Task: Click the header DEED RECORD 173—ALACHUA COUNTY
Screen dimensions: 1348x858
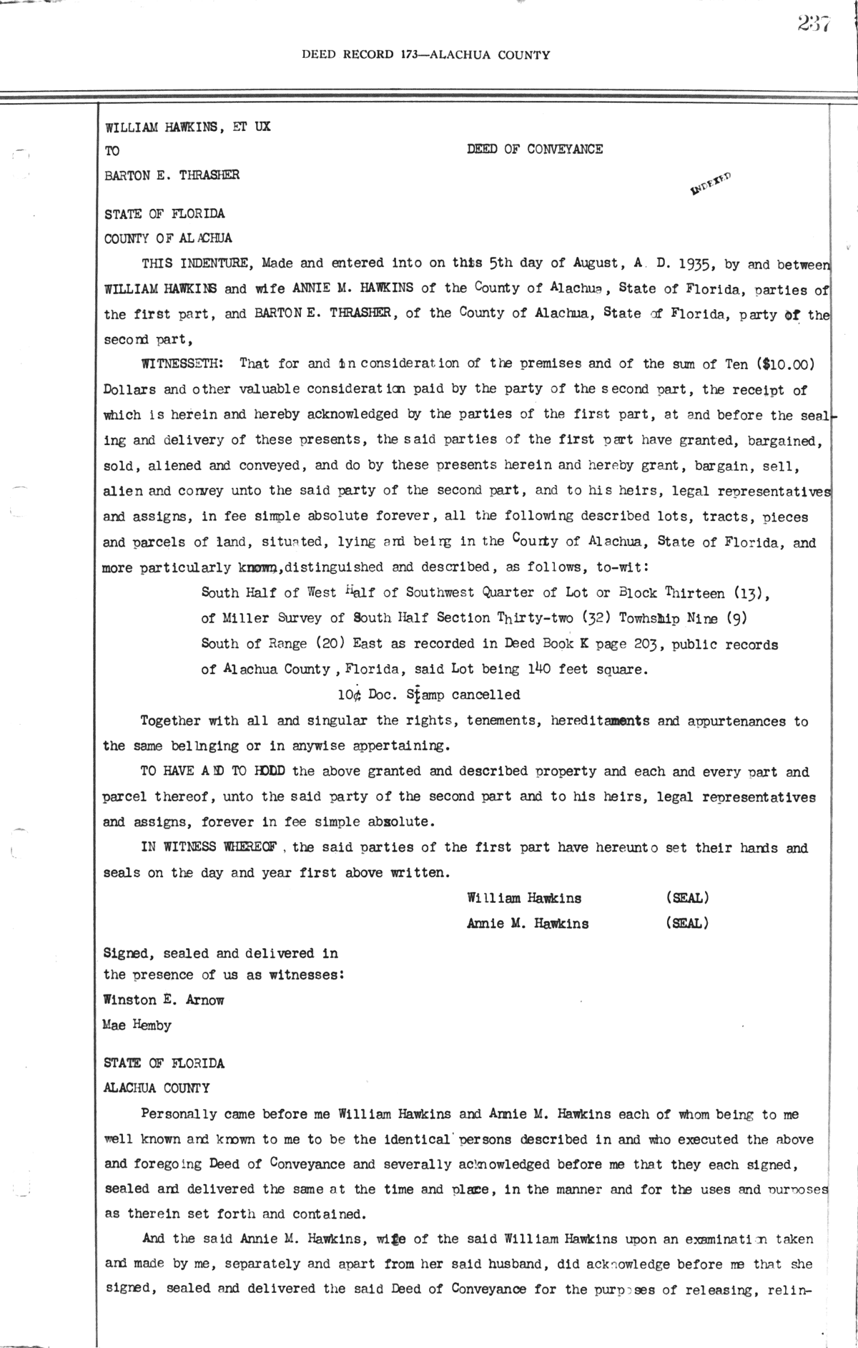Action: coord(425,54)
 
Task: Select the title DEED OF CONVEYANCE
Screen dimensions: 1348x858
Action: coord(534,150)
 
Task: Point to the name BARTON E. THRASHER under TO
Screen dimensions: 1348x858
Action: coord(172,175)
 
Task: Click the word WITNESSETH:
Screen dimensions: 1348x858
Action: coord(183,363)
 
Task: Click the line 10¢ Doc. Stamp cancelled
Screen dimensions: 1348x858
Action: coord(429,695)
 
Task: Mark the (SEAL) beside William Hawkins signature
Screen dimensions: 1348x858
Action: coord(686,898)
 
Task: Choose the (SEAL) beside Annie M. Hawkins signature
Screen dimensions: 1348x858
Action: coord(686,923)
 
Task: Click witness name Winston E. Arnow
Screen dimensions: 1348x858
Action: coord(164,1000)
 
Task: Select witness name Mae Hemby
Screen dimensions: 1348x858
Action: coord(137,1025)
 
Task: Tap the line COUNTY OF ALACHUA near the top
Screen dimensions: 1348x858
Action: coord(168,239)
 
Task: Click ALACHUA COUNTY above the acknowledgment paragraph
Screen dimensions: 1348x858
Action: coord(157,1088)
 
